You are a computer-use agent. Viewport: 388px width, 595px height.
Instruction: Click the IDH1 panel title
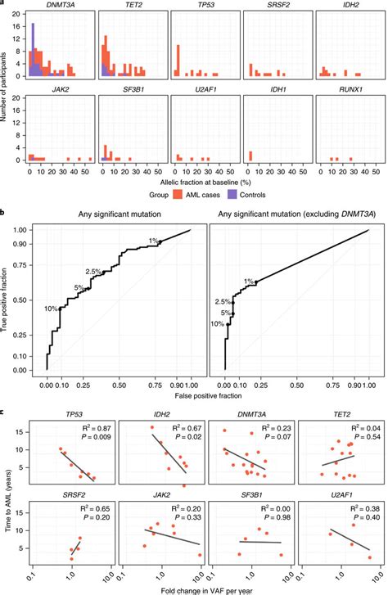coord(276,85)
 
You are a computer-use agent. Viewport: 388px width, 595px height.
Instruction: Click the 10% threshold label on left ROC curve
coord(52,309)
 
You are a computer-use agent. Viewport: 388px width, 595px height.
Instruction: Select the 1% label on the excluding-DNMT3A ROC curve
coord(246,281)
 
